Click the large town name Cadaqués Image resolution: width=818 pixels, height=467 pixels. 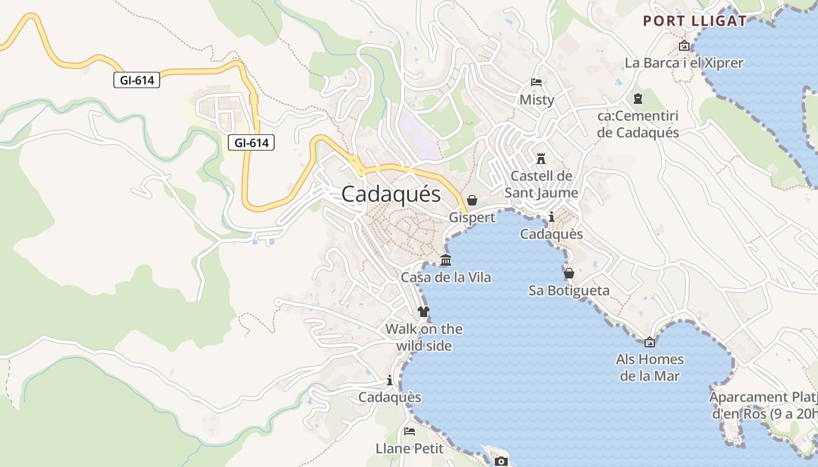tap(391, 194)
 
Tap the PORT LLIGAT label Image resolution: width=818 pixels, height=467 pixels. tap(694, 21)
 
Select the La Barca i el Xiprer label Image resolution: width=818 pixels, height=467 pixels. tap(684, 63)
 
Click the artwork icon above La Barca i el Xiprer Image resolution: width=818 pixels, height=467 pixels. tap(684, 46)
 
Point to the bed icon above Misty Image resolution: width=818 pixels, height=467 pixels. tap(536, 82)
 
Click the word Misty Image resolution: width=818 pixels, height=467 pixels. tap(536, 100)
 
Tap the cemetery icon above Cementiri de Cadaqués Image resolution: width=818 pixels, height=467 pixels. tap(637, 99)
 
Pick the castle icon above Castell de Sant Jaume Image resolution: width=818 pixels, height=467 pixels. tap(541, 159)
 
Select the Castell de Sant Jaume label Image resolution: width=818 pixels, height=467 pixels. tap(541, 184)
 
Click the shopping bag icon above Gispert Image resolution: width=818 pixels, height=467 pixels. tap(472, 200)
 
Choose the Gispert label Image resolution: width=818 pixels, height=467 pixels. tap(472, 218)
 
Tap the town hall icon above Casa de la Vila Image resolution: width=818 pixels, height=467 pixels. tap(446, 260)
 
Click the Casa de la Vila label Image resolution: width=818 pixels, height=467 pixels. tap(446, 277)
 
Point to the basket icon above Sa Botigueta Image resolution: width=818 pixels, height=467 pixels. tap(569, 273)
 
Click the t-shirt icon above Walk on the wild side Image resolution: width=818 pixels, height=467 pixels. tap(424, 312)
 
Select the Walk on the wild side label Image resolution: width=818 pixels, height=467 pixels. tap(424, 337)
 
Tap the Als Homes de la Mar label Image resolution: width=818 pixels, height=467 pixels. tap(650, 367)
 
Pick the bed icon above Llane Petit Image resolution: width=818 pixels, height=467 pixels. tap(410, 431)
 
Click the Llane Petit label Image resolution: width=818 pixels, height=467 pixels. tap(410, 449)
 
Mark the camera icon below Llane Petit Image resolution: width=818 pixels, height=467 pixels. tap(501, 462)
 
